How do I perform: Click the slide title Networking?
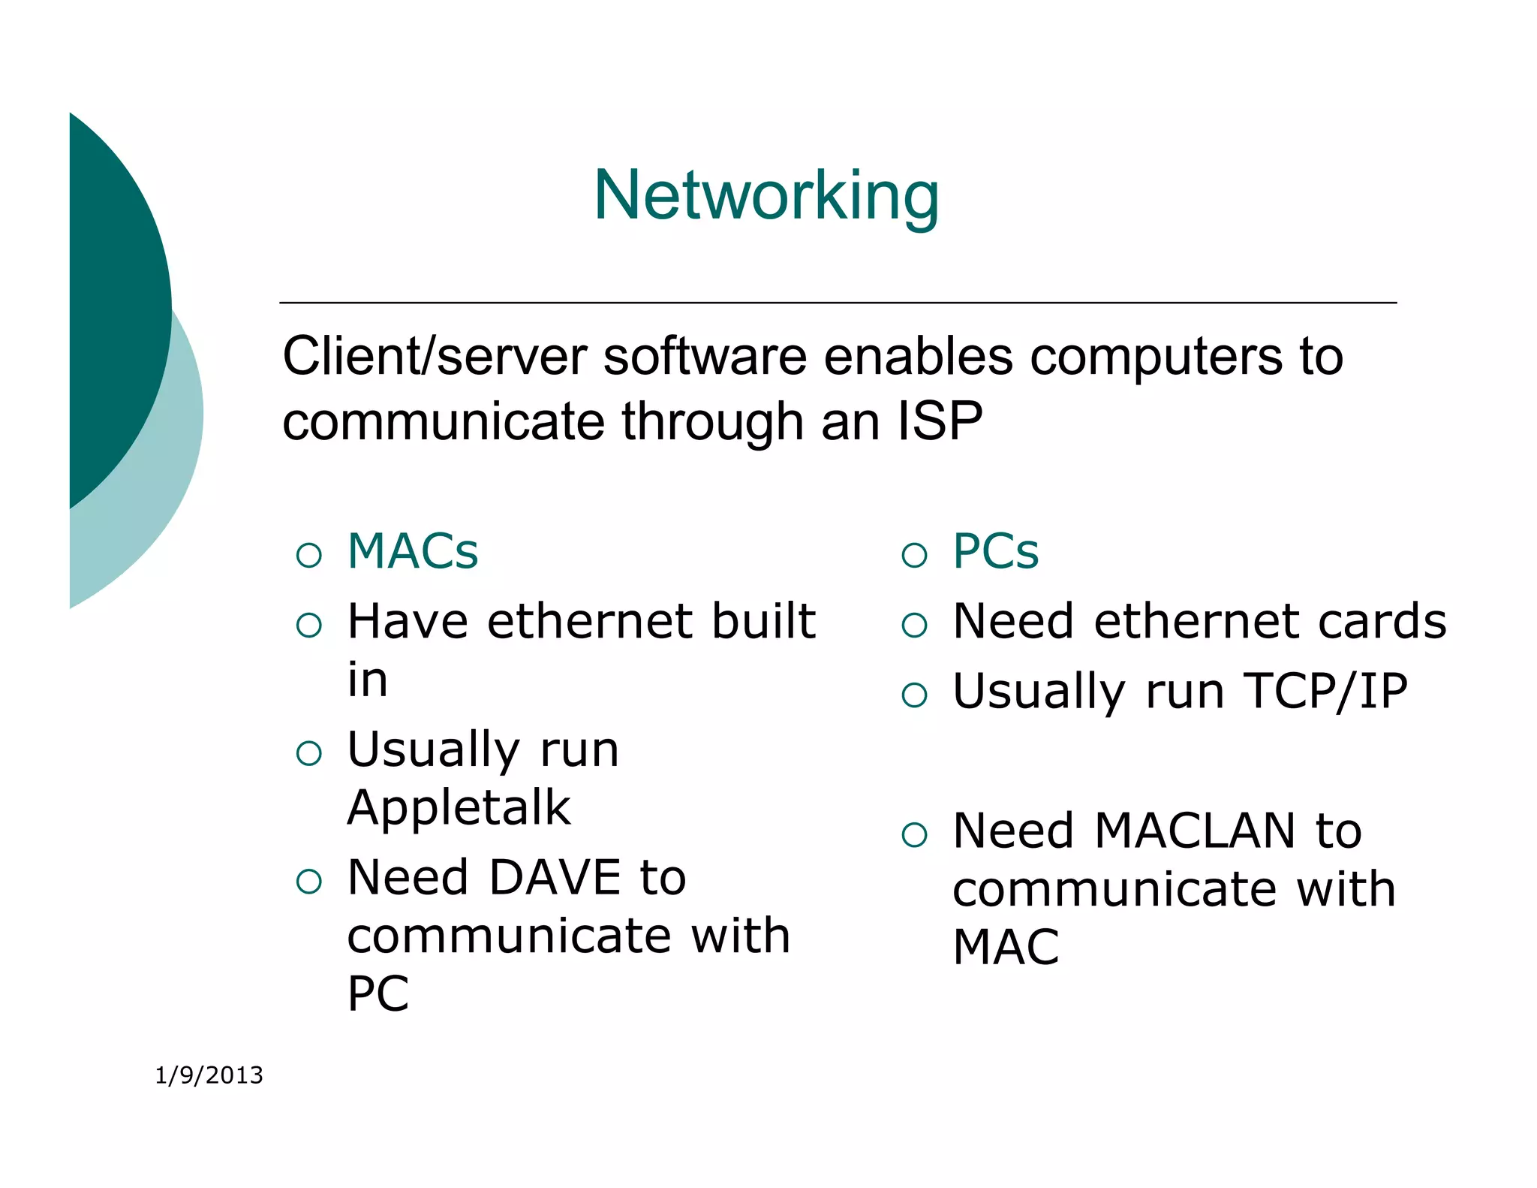[x=766, y=195]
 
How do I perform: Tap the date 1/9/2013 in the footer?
[x=209, y=1075]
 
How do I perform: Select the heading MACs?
[x=413, y=551]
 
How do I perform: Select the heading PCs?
[x=995, y=551]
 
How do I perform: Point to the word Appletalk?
[x=459, y=808]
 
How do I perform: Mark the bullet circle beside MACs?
[x=309, y=555]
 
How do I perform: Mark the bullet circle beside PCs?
[x=914, y=555]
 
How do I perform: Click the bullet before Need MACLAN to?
[x=914, y=834]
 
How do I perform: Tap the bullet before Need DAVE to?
[x=309, y=881]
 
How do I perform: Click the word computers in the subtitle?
[x=1156, y=357]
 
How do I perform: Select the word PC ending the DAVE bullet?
[x=377, y=994]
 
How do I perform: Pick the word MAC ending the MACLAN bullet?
[x=1005, y=947]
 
